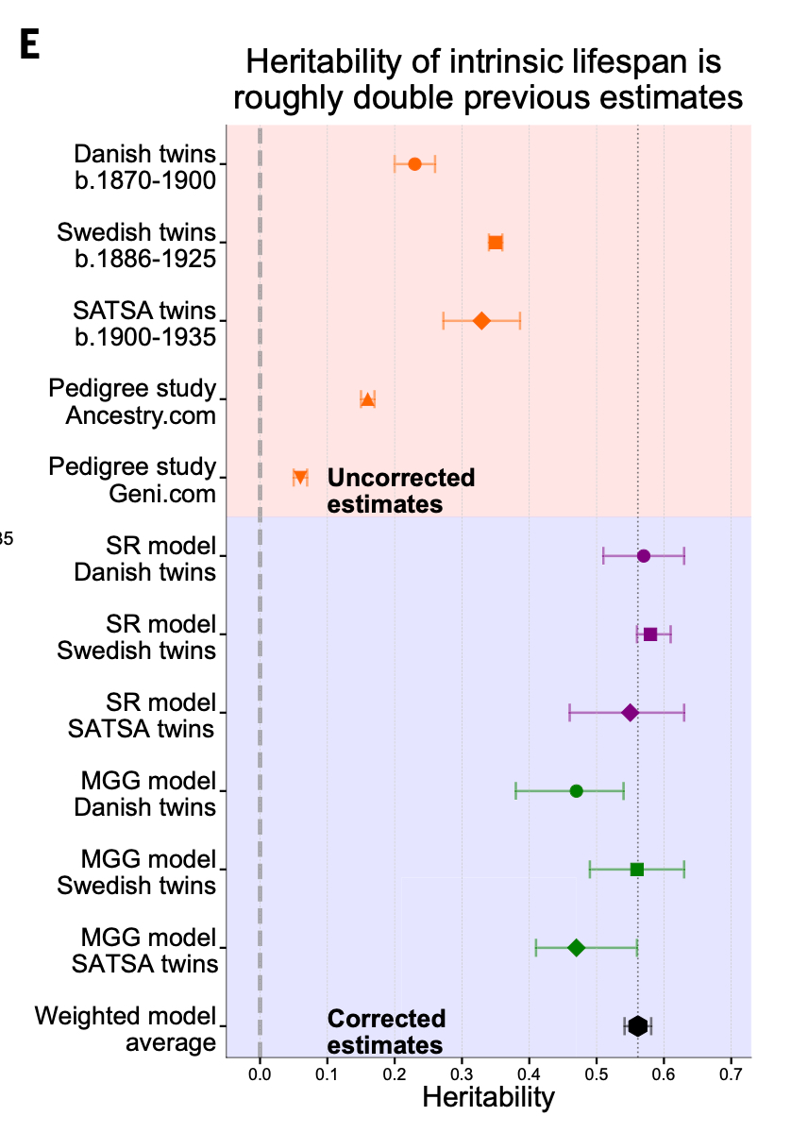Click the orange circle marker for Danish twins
coord(414,164)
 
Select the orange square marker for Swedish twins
coord(496,243)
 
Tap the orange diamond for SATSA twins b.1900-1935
coord(481,321)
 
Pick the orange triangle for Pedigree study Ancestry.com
coord(367,399)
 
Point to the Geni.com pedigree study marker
coord(300,478)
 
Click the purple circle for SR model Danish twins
coord(644,555)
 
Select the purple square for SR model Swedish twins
coord(650,634)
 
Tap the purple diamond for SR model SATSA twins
coord(631,712)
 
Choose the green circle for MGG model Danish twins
coord(577,790)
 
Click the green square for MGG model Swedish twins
coord(637,869)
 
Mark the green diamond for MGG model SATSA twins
coord(577,947)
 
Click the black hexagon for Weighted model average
coord(638,1026)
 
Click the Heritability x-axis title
coord(488,1097)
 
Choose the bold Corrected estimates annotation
coord(386,1032)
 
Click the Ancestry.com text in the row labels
coord(141,415)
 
